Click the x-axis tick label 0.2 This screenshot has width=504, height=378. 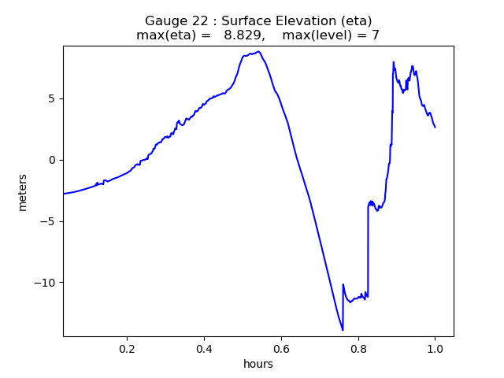point(127,348)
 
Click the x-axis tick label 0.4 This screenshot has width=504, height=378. point(204,348)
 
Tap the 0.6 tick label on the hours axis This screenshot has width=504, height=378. point(281,348)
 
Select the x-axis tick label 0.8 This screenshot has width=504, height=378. point(358,348)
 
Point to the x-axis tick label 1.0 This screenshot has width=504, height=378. point(435,348)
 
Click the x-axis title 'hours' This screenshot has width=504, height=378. point(258,364)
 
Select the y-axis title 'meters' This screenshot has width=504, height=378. point(23,192)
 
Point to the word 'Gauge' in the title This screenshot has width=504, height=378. point(164,21)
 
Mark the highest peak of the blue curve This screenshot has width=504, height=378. point(258,51)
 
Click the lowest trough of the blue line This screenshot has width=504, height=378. point(343,330)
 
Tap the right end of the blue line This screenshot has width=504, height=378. point(435,127)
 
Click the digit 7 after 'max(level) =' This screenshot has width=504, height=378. point(376,35)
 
